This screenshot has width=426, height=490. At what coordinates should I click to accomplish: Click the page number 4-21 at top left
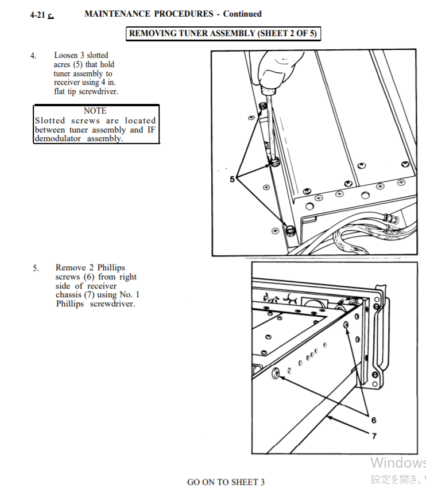(38, 15)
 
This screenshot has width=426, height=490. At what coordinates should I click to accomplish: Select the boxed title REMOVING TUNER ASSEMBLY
(223, 33)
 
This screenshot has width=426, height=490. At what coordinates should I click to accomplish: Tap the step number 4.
(33, 56)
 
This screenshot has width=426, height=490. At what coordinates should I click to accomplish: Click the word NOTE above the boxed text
(95, 111)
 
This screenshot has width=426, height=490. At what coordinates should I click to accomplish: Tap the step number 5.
(36, 268)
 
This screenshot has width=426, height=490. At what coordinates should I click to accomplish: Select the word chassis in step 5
(69, 295)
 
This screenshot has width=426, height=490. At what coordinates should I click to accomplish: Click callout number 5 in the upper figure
(232, 180)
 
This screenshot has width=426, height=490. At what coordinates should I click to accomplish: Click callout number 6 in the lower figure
(374, 420)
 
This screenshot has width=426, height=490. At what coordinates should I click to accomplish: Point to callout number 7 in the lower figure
(374, 436)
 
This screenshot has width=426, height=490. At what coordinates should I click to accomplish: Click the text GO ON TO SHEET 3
(226, 482)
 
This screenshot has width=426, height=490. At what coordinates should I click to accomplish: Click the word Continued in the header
(242, 14)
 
